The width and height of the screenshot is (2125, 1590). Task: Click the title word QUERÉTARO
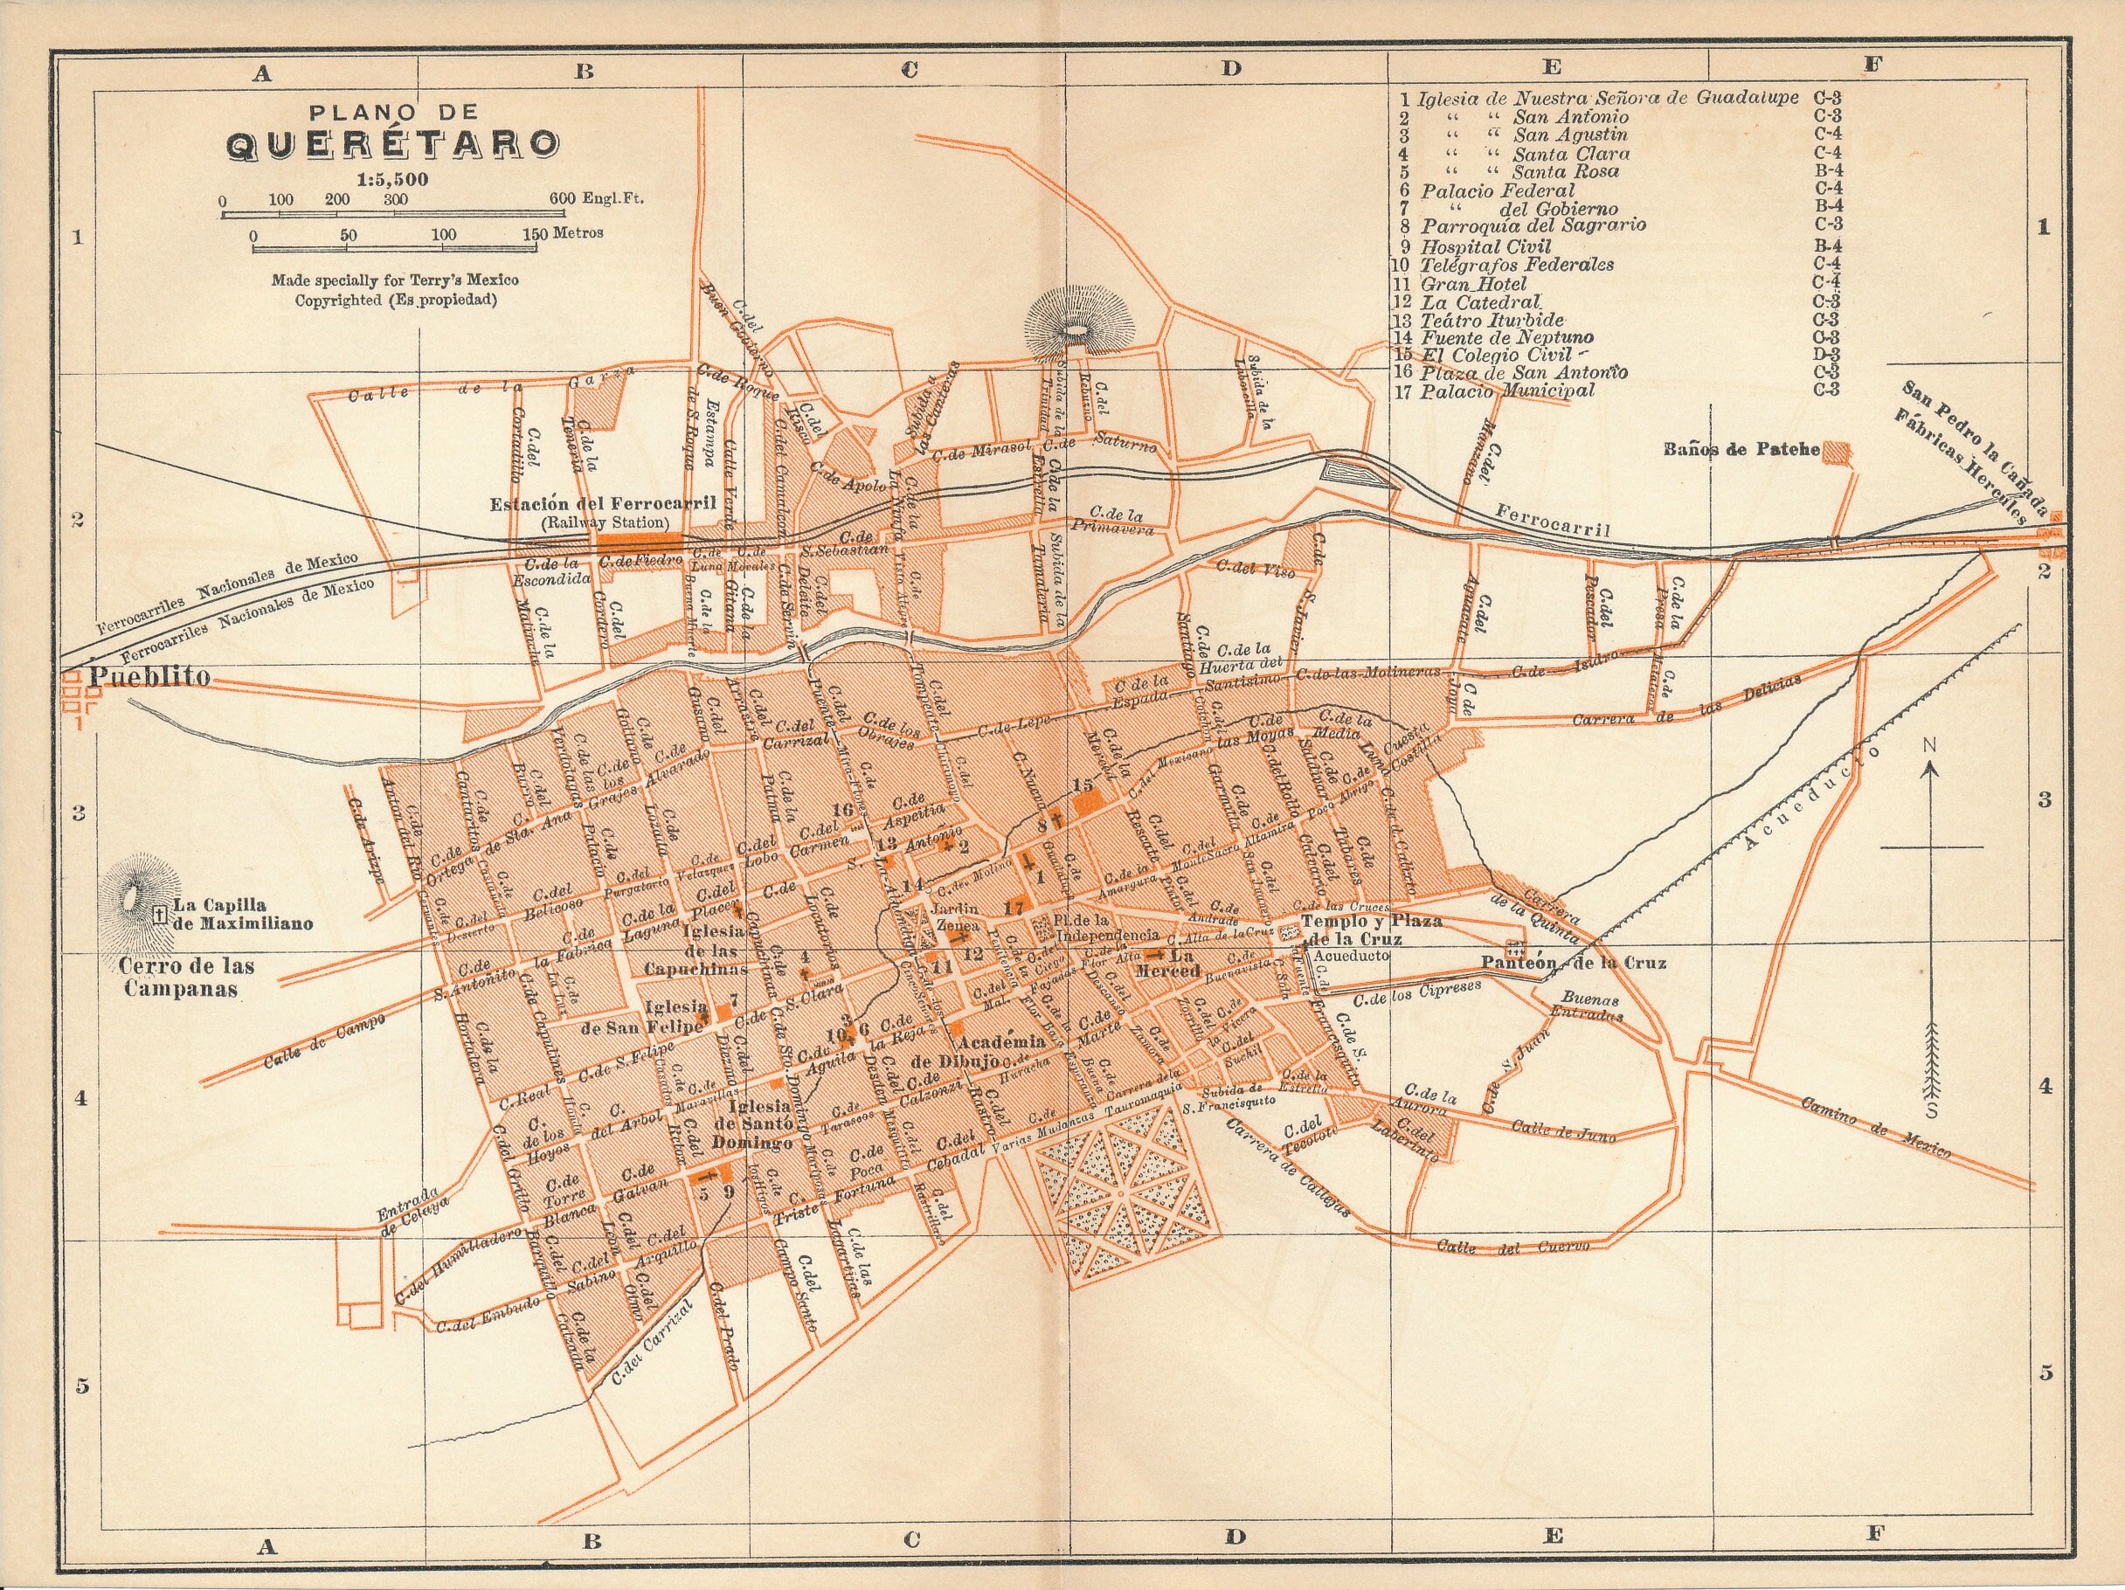click(392, 143)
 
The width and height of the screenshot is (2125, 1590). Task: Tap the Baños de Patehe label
click(1741, 450)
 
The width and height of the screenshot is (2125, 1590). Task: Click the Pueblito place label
click(149, 676)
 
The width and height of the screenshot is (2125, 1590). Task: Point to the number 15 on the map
click(1083, 785)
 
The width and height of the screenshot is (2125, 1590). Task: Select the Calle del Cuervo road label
click(1512, 1247)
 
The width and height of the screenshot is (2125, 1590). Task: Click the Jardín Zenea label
click(954, 916)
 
